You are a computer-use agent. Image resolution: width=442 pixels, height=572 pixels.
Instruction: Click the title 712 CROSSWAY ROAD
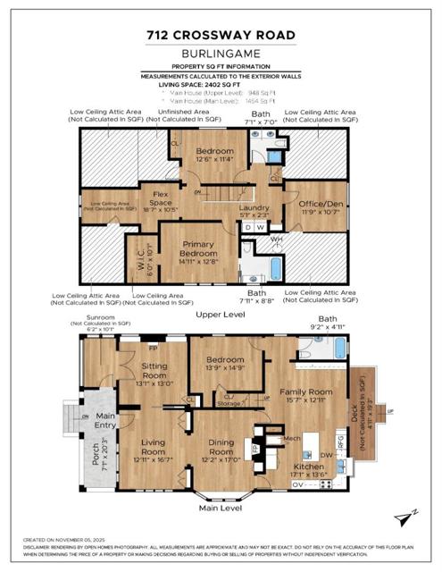coord(221,36)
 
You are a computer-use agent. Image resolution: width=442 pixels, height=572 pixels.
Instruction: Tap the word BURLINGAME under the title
coord(221,54)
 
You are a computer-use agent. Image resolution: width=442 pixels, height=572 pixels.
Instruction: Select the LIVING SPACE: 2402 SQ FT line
coord(221,84)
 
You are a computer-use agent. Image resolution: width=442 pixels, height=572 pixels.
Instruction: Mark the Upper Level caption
coord(220,315)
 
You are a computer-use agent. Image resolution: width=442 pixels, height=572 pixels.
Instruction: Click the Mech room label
coord(291,439)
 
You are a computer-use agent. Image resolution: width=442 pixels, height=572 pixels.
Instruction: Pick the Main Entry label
coord(107,420)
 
